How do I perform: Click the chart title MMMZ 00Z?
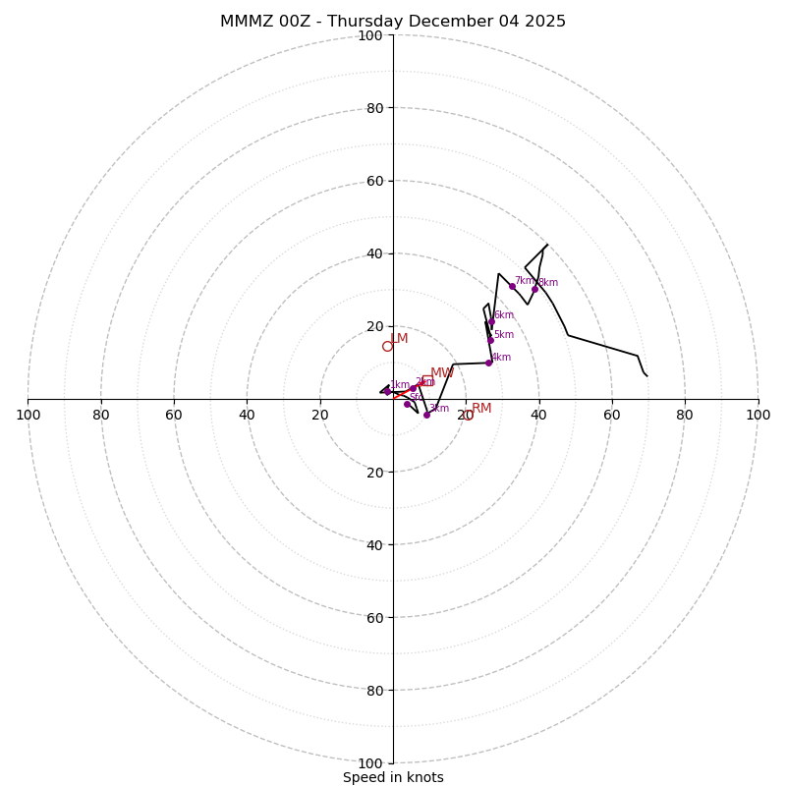pyautogui.click(x=393, y=22)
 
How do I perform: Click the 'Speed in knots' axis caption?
pyautogui.click(x=393, y=777)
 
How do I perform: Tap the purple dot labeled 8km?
pyautogui.click(x=534, y=289)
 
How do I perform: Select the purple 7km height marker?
pyautogui.click(x=512, y=286)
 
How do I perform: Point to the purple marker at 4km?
pyautogui.click(x=488, y=363)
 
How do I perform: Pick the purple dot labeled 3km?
pyautogui.click(x=426, y=415)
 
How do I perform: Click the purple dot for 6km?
pyautogui.click(x=491, y=321)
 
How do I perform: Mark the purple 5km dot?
pyautogui.click(x=490, y=340)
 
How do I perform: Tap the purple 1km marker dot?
pyautogui.click(x=387, y=390)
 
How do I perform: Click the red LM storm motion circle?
pyautogui.click(x=387, y=346)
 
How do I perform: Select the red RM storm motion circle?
pyautogui.click(x=468, y=416)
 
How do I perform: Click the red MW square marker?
pyautogui.click(x=427, y=380)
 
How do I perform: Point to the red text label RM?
pyautogui.click(x=481, y=408)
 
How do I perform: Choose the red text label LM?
pyautogui.click(x=399, y=338)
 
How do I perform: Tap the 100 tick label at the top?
pyautogui.click(x=370, y=35)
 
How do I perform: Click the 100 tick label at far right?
pyautogui.click(x=758, y=415)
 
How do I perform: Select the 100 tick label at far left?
pyautogui.click(x=28, y=415)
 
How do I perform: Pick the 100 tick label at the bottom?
pyautogui.click(x=370, y=763)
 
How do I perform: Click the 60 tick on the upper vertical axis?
pyautogui.click(x=374, y=181)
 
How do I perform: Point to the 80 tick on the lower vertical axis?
pyautogui.click(x=374, y=691)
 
